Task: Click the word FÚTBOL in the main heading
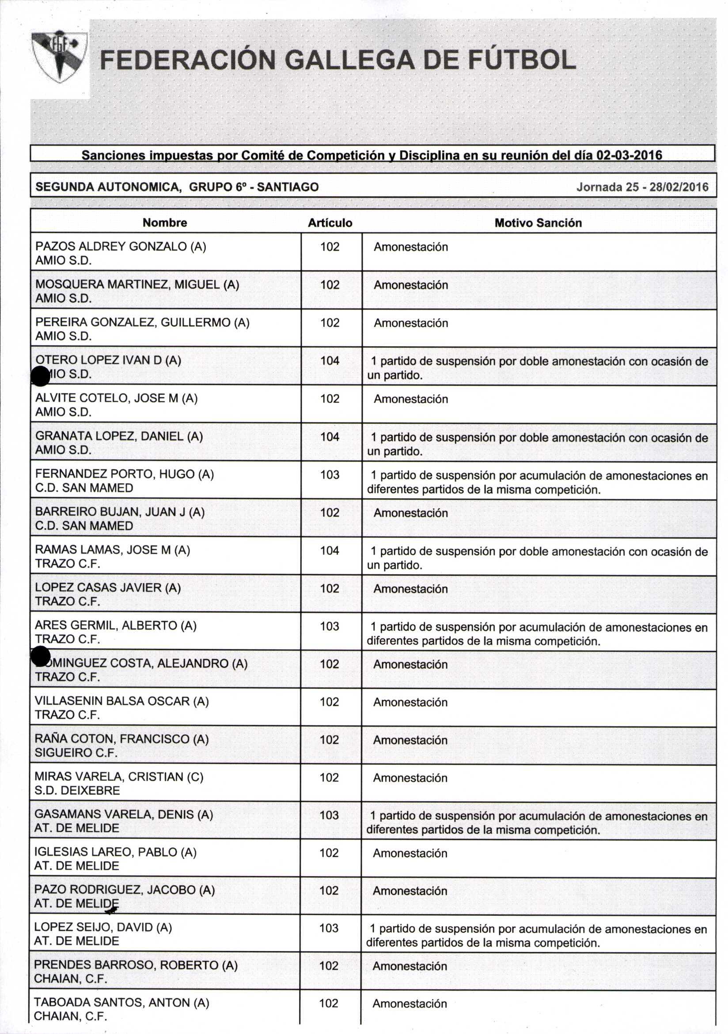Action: click(522, 60)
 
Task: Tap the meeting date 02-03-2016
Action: click(629, 156)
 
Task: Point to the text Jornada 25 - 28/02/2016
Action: click(642, 187)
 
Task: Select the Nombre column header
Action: click(165, 222)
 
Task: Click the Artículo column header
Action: click(330, 223)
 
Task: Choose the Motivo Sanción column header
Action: click(538, 223)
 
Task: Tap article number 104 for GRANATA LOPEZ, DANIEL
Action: click(330, 437)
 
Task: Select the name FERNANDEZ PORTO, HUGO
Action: click(124, 474)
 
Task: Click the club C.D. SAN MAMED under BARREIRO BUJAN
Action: click(84, 525)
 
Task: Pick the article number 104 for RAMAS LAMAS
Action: click(330, 550)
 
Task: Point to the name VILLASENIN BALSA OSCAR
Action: click(121, 701)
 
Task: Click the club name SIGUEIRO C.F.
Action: click(76, 753)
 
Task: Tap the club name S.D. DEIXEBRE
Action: click(77, 791)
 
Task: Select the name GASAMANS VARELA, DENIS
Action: click(123, 814)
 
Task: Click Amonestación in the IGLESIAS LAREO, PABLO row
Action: click(410, 853)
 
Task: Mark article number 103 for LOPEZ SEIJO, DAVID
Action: click(329, 928)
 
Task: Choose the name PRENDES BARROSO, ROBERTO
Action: click(136, 965)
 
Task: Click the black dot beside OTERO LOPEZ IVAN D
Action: click(41, 376)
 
